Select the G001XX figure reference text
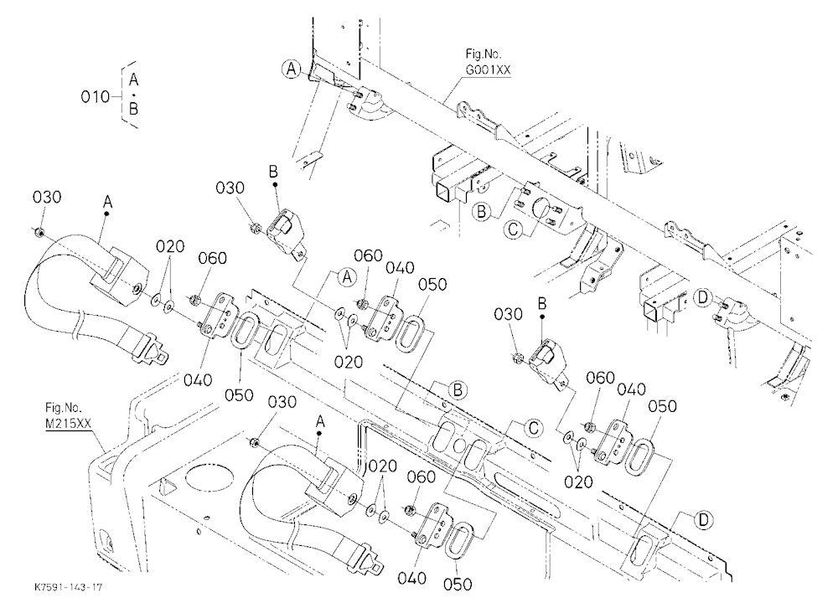pos(488,70)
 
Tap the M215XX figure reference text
pos(68,424)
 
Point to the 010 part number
pos(95,96)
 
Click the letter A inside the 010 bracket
pos(133,80)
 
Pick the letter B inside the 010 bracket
pos(133,109)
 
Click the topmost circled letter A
pos(292,69)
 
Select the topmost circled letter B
pos(482,212)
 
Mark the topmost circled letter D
pos(703,298)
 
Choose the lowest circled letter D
pos(704,520)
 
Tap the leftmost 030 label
pos(46,197)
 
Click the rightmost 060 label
pos(600,378)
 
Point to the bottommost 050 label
pos(458,584)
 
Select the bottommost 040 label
pos(412,578)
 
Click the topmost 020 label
pos(170,246)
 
